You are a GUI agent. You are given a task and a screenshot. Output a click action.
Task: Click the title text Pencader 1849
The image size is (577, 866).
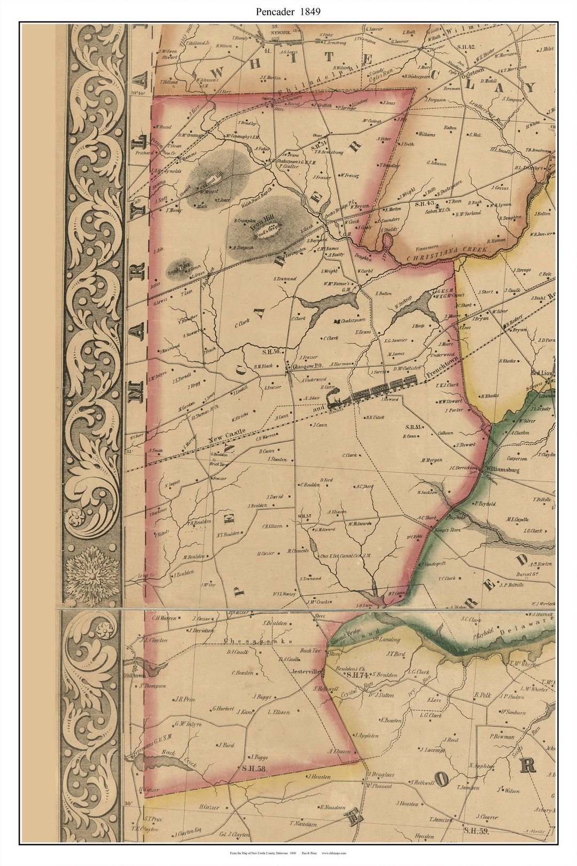288,11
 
